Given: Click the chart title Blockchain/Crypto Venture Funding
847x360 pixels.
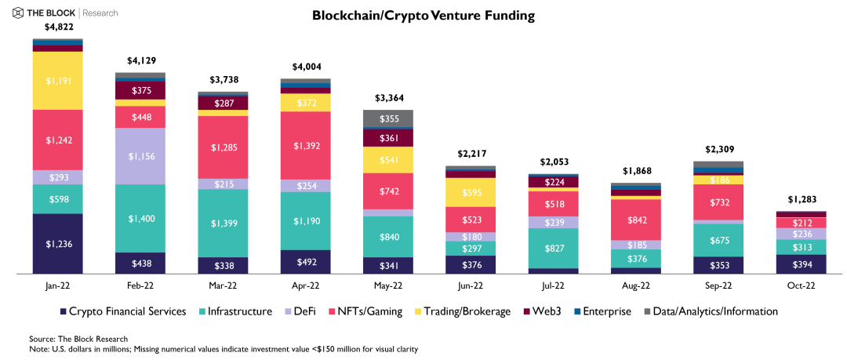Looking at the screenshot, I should click(423, 15).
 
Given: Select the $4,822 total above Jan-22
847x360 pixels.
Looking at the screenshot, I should click(58, 27).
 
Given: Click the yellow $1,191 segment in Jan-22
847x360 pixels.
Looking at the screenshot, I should click(58, 80).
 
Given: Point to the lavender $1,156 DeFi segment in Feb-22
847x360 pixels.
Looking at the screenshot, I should click(140, 156).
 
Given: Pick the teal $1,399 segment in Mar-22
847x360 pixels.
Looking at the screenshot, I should click(223, 223).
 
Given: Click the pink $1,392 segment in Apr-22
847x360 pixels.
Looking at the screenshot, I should click(305, 145).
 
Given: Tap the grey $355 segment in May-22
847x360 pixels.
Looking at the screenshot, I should click(387, 118).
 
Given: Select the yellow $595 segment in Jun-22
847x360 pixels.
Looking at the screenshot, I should click(470, 192).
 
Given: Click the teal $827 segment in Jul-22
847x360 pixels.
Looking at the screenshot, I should click(552, 248).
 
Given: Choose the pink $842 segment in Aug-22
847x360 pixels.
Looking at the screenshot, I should click(634, 220).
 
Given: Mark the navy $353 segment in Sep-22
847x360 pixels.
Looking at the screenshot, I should click(717, 265).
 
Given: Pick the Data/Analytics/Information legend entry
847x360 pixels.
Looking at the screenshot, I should click(710, 311).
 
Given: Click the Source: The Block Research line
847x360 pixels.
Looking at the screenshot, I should click(78, 338).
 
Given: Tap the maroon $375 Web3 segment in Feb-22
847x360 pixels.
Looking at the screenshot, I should click(140, 90).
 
